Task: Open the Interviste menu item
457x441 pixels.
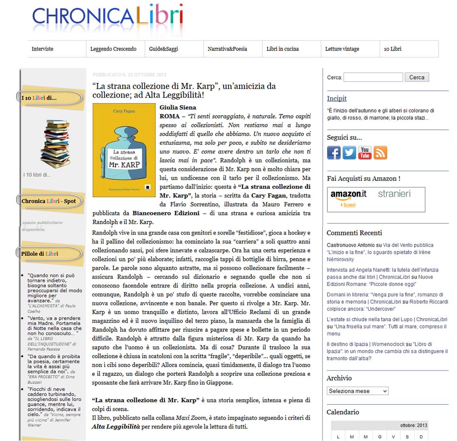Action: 43,49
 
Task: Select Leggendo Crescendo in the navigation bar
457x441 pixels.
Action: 113,49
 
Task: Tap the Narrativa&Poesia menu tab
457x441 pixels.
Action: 227,49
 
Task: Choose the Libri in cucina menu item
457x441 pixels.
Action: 282,49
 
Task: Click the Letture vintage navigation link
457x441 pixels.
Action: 342,49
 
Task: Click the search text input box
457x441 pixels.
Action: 373,77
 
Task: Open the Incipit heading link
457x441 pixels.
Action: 337,98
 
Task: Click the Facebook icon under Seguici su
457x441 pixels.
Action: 334,153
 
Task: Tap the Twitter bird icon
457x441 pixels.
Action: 349,153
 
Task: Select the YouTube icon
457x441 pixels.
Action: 365,153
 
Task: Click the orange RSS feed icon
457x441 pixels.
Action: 380,153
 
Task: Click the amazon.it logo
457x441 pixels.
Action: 348,194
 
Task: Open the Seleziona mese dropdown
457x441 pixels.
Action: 357,391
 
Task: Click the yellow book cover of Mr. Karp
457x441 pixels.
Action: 124,150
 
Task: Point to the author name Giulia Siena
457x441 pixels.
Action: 178,107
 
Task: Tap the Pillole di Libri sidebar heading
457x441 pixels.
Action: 40,254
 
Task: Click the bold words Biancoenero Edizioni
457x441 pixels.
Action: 166,213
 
